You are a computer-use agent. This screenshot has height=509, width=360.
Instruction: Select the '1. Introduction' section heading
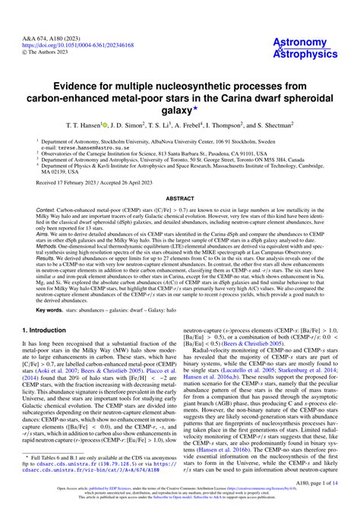tap(47, 352)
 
